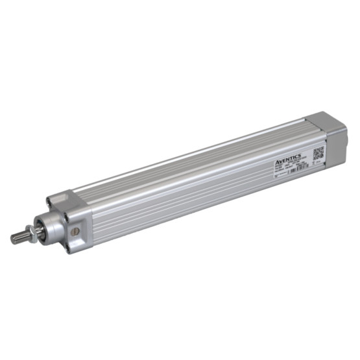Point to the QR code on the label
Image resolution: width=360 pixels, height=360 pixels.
(x=318, y=154)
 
